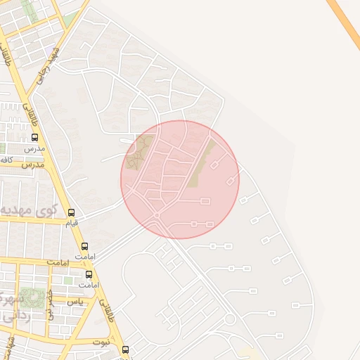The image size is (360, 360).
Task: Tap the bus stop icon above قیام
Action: [x=71, y=212]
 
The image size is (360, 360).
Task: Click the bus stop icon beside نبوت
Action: [x=125, y=349]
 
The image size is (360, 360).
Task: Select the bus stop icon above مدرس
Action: [x=35, y=138]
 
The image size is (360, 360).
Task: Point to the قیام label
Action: [x=71, y=224]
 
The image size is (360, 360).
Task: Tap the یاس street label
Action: [x=74, y=301]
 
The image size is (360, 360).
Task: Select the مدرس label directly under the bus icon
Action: [x=35, y=149]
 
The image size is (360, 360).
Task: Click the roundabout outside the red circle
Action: [x=229, y=320]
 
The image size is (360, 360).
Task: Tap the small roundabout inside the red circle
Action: [x=157, y=214]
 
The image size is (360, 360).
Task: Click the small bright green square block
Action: [x=68, y=281]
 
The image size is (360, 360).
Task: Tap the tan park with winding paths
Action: [x=139, y=153]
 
